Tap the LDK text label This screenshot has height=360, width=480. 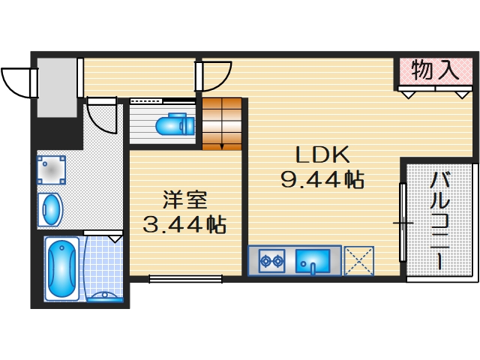[x=322, y=155]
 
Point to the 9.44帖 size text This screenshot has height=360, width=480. [x=322, y=180]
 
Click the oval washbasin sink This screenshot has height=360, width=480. [x=51, y=209]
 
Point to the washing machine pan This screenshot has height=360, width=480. [x=51, y=170]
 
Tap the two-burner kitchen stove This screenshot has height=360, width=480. [x=270, y=262]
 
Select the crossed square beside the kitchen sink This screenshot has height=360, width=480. [x=358, y=262]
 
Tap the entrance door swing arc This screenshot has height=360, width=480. [x=17, y=81]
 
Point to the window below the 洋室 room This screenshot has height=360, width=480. [x=185, y=280]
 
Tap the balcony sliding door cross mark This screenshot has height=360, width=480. [x=403, y=223]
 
